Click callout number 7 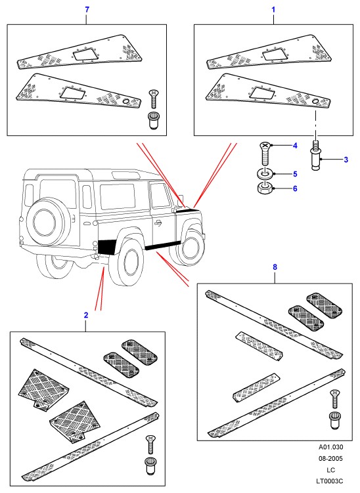click(87, 9)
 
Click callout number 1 click(273, 9)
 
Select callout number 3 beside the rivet click(346, 160)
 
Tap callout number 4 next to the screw click(295, 146)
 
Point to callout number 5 click(295, 174)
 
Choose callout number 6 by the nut click(295, 188)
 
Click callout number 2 click(86, 315)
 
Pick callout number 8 click(275, 267)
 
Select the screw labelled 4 click(265, 154)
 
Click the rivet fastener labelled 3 click(316, 156)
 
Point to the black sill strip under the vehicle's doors click(162, 245)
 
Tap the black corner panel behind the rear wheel click(107, 247)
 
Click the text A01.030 click(330, 447)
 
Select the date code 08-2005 click(330, 458)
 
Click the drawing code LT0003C click(330, 481)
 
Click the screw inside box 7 click(154, 99)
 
